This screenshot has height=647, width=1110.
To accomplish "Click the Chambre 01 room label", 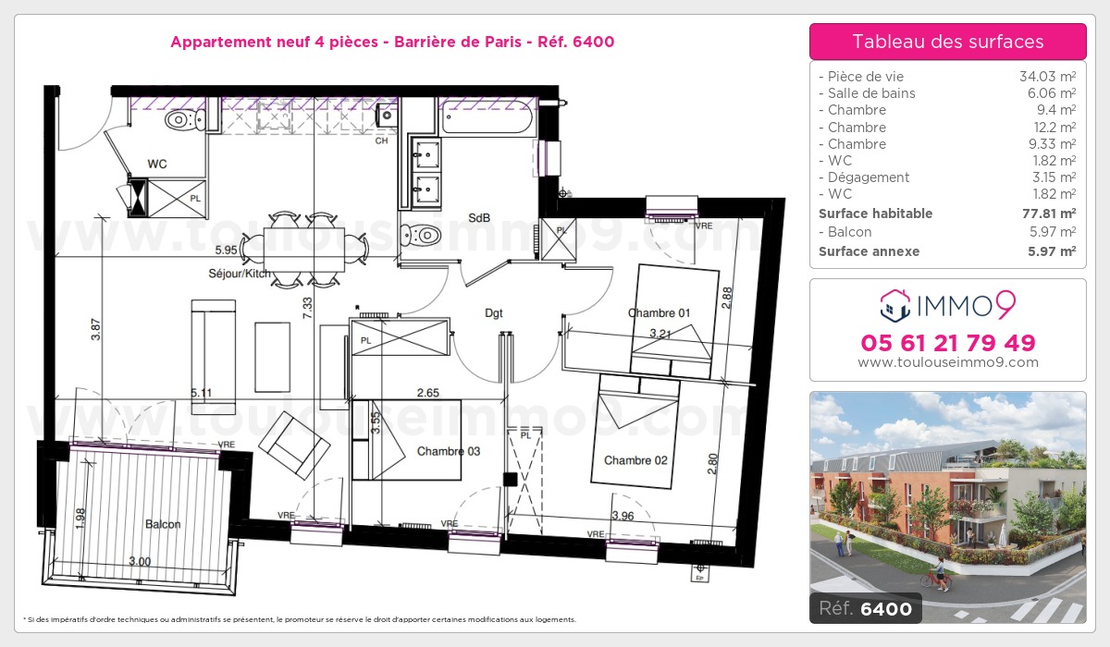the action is tap(659, 312).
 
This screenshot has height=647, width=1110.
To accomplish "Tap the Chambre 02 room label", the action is tap(635, 460).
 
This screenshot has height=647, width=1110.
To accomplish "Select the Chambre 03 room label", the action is tap(449, 451).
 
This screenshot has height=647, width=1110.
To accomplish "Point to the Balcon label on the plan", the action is tap(163, 524).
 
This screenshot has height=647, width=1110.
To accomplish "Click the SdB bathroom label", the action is tap(479, 217).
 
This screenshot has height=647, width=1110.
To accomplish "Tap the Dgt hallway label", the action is tap(494, 312).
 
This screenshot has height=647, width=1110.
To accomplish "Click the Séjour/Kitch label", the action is tap(240, 274).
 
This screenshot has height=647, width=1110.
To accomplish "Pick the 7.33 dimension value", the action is tap(308, 308).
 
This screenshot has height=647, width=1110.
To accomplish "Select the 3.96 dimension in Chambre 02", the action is tap(623, 516).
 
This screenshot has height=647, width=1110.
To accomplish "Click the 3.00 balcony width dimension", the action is tap(140, 561).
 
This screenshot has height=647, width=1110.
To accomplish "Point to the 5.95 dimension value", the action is tap(226, 250).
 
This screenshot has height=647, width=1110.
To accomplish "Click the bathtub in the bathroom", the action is tap(487, 116).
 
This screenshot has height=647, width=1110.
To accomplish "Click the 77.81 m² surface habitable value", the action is tap(1049, 214).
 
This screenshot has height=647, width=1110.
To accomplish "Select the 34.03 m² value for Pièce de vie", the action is tap(1047, 76).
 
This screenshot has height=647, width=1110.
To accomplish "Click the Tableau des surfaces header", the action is tap(947, 42).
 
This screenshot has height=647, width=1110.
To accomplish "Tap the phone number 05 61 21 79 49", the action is tap(947, 343).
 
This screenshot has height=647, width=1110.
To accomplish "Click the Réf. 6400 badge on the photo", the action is tap(865, 608).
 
